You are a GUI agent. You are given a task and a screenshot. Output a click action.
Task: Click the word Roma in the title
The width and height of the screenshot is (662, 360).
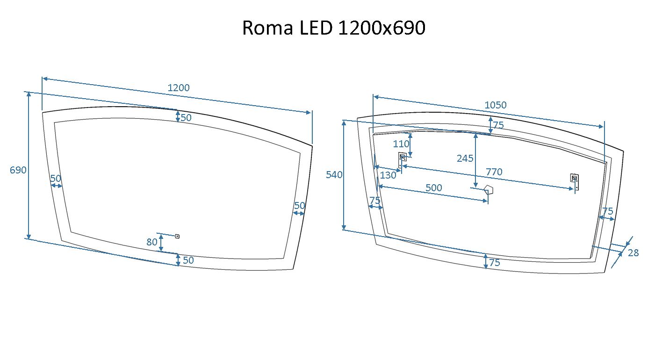(267, 28)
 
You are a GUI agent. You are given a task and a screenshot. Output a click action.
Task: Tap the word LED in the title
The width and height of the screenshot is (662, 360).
(316, 28)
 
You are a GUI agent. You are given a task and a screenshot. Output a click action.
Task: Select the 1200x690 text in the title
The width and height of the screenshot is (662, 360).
(381, 28)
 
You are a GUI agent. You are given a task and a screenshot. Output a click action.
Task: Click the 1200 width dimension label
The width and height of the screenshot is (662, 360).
(179, 88)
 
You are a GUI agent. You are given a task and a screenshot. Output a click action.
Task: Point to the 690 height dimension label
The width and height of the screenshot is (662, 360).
(18, 170)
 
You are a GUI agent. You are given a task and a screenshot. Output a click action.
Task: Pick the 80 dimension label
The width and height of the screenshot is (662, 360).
(151, 242)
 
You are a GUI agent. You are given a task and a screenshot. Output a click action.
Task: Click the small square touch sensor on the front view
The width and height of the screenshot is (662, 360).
(177, 236)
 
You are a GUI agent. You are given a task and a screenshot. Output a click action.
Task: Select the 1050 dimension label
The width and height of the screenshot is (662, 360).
(495, 105)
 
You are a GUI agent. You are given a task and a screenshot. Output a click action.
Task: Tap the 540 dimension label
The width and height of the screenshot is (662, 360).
(334, 175)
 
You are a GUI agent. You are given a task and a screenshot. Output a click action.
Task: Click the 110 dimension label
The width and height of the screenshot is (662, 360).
(401, 144)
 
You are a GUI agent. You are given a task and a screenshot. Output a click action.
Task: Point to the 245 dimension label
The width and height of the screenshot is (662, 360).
(465, 158)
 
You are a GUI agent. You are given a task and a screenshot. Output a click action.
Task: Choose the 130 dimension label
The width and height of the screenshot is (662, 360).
(388, 175)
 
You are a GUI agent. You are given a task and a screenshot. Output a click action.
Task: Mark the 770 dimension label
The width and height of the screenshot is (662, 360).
(494, 172)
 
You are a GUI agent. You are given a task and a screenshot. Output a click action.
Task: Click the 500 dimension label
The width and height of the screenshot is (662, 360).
(433, 187)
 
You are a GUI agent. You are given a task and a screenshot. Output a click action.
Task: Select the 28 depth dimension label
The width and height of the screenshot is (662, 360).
(633, 253)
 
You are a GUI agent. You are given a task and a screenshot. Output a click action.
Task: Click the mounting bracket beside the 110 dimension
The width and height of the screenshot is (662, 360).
(402, 160)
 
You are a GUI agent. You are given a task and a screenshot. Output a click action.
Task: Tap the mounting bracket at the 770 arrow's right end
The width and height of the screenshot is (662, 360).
(575, 182)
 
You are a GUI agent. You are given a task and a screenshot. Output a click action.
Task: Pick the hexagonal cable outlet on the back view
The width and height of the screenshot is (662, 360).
(489, 190)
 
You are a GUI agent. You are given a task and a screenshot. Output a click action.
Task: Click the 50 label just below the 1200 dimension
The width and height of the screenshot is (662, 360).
(186, 118)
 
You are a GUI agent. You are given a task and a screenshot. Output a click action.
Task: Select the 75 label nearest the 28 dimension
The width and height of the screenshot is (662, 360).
(608, 211)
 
